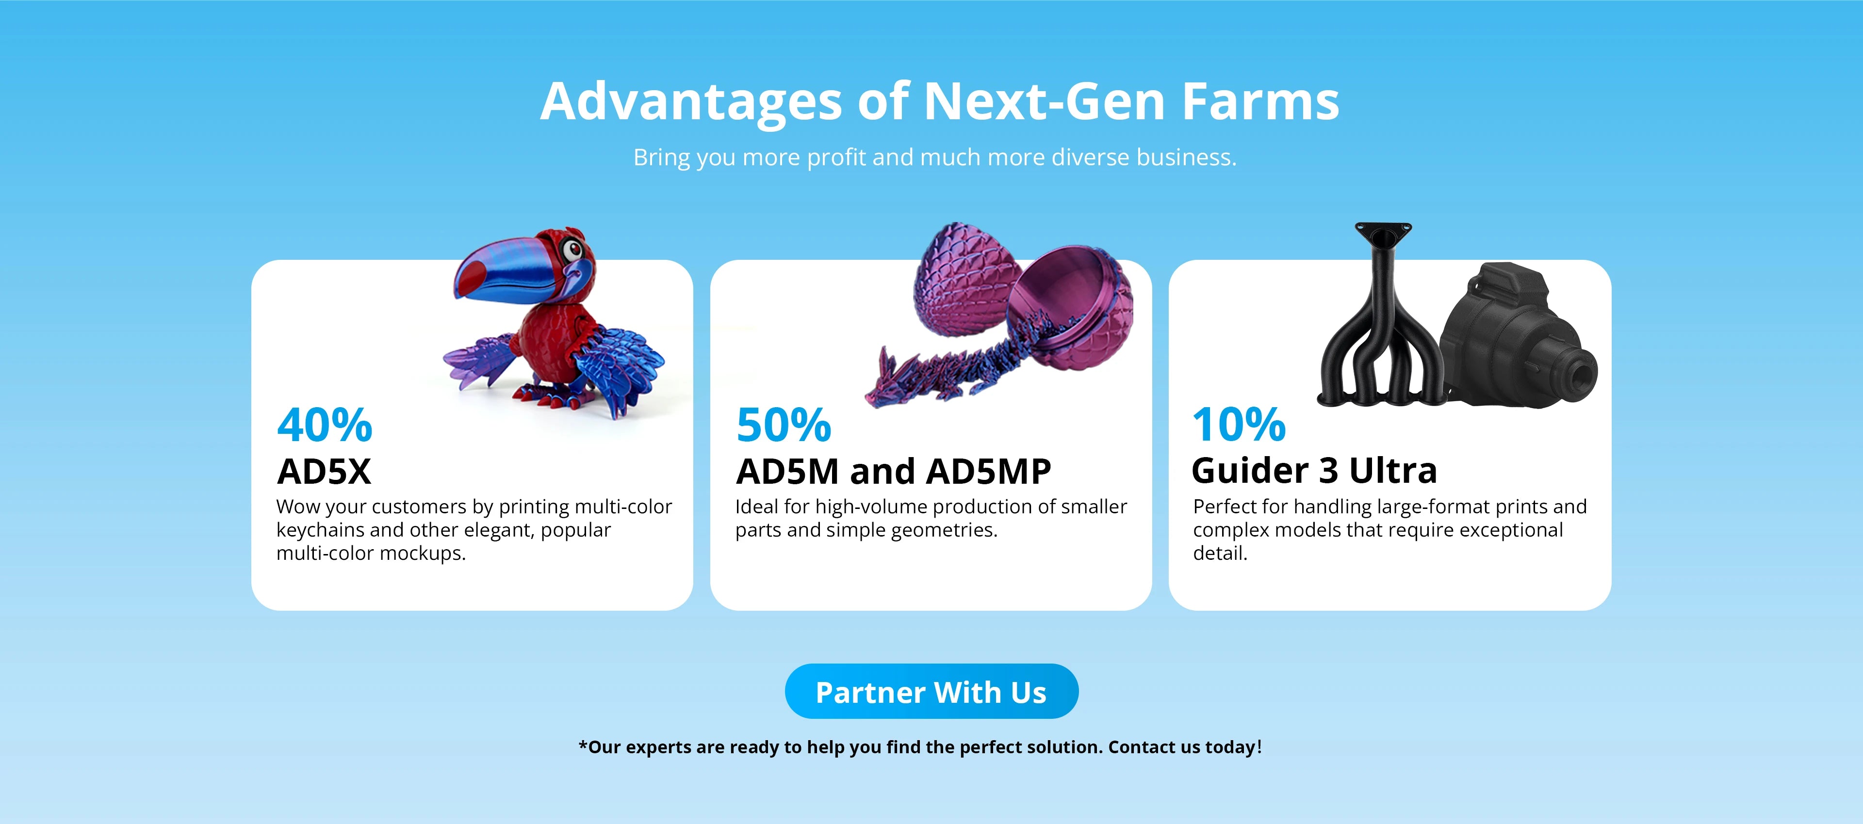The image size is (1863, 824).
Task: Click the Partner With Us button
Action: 931,692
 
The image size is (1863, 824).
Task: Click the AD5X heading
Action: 324,471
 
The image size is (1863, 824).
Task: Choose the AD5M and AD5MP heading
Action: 893,471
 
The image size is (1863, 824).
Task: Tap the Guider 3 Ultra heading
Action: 1314,471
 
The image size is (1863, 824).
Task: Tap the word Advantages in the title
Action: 691,102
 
